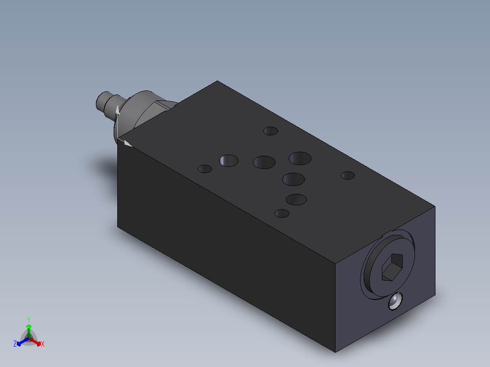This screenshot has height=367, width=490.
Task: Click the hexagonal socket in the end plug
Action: pyautogui.click(x=391, y=267)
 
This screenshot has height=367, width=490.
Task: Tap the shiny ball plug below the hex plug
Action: pyautogui.click(x=396, y=301)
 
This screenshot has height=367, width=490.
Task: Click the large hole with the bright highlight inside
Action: pyautogui.click(x=229, y=160)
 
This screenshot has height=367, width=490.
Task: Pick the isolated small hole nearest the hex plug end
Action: pyautogui.click(x=348, y=175)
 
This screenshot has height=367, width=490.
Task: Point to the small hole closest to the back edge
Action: pyautogui.click(x=271, y=131)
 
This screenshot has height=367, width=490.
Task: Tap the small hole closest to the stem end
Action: pyautogui.click(x=205, y=169)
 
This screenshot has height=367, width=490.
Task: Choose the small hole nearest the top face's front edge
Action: pyautogui.click(x=282, y=213)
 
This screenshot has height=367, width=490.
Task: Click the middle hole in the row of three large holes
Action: pyautogui.click(x=264, y=162)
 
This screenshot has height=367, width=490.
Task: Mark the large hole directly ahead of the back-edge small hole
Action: pyautogui.click(x=300, y=159)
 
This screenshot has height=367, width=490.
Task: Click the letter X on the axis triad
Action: pyautogui.click(x=43, y=344)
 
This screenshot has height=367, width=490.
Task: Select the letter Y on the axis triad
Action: pyautogui.click(x=29, y=319)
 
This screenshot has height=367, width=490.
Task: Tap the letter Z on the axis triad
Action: pyautogui.click(x=15, y=344)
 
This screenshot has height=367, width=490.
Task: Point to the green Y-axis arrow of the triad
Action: pyautogui.click(x=29, y=328)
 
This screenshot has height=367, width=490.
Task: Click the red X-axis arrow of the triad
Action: pyautogui.click(x=36, y=342)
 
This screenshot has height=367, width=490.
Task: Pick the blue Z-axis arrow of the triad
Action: pyautogui.click(x=21, y=342)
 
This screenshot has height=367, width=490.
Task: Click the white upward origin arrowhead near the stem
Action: pyautogui.click(x=117, y=110)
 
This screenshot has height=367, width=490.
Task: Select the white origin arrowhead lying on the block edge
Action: pyautogui.click(x=128, y=144)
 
